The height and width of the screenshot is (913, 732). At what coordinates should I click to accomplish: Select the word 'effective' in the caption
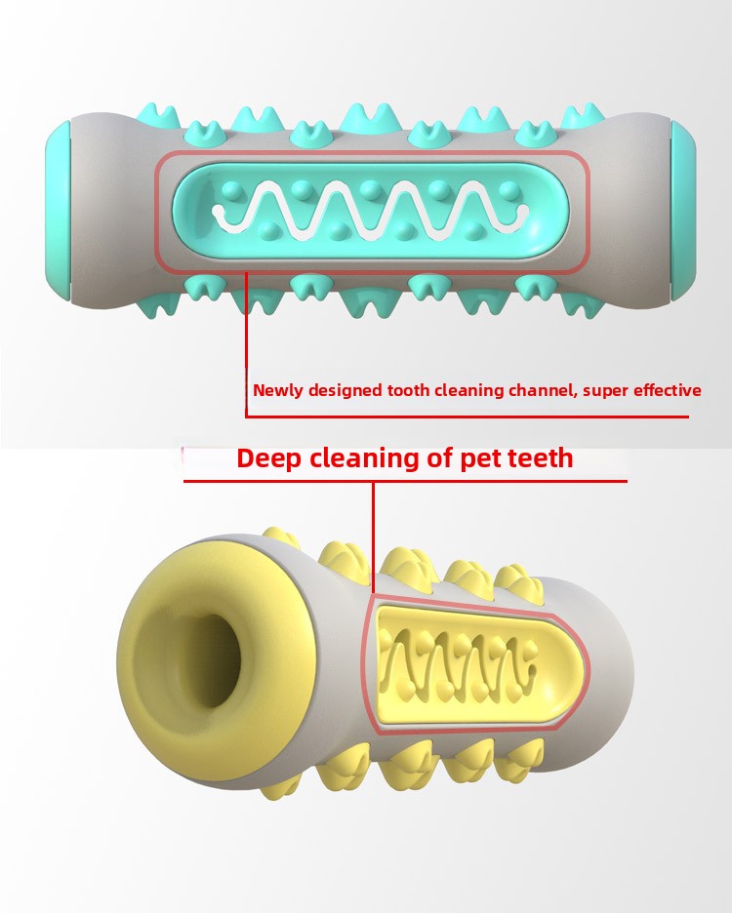[668, 390]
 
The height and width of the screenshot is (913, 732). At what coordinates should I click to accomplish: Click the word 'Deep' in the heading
[269, 458]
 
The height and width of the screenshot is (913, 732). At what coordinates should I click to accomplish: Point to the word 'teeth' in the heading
[541, 457]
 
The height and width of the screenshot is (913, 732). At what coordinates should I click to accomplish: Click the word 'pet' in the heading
[481, 459]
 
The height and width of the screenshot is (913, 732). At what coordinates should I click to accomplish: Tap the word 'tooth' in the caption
[409, 390]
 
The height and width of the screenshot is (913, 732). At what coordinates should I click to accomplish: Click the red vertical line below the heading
[373, 537]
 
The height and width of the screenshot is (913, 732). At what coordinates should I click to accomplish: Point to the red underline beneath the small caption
[467, 417]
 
